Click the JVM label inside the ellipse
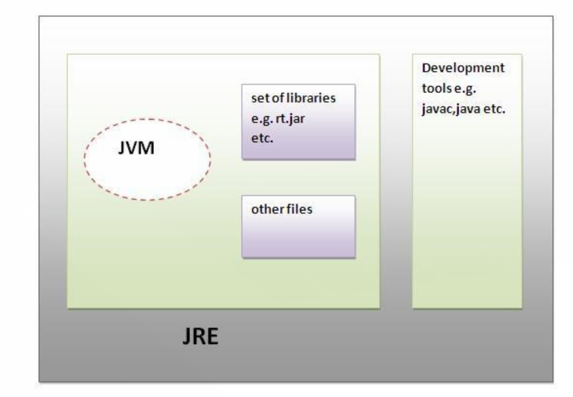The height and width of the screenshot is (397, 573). coord(136,148)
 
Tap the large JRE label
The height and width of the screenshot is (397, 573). coord(200,337)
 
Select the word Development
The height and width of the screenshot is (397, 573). coord(463,68)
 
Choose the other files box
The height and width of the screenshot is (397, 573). coord(298,234)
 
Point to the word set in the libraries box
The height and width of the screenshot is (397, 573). coord(257,98)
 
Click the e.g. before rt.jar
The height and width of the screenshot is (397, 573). coord(261,118)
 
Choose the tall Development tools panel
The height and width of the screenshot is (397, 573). coord(467,205)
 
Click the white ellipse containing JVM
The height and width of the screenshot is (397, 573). coord(147,171)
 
